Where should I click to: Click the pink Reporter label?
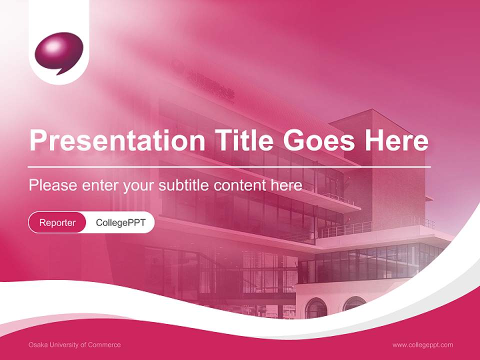click(57, 222)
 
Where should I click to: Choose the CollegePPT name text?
click(120, 222)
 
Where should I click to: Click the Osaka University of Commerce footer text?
click(74, 344)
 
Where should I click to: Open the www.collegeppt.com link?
click(422, 344)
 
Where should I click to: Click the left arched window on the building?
click(315, 308)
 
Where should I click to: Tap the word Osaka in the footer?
click(36, 344)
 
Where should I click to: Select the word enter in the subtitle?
click(100, 185)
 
